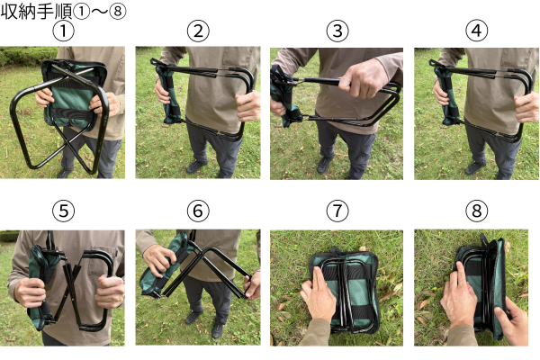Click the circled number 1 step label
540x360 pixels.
[63, 31]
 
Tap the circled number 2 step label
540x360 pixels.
[198, 31]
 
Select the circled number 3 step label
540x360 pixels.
[337, 31]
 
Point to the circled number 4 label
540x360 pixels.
[477, 31]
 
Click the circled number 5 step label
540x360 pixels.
[63, 211]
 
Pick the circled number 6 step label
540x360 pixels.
[198, 211]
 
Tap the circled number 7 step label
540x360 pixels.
[337, 211]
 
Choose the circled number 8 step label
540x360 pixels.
[477, 211]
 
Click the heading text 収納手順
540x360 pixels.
[36, 12]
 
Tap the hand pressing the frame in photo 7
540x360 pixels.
[318, 296]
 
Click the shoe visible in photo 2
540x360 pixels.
[196, 166]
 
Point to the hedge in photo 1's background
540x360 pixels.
[28, 56]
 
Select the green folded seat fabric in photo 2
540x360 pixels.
[168, 93]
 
